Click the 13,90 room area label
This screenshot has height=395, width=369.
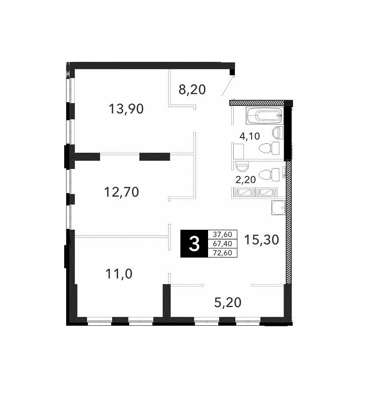(x=126, y=109)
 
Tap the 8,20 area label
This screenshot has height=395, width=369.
(x=192, y=90)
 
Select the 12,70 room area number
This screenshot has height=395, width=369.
(x=122, y=192)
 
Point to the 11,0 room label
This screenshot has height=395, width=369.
(x=119, y=274)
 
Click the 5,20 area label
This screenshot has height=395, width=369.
(x=228, y=302)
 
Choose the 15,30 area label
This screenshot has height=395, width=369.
(x=262, y=239)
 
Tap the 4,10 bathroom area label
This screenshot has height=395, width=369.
(x=250, y=136)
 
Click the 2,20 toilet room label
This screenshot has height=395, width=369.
(x=245, y=180)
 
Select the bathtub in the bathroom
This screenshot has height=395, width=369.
(x=265, y=116)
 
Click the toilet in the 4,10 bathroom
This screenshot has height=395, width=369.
(x=269, y=148)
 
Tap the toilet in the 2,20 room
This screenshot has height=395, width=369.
(x=269, y=175)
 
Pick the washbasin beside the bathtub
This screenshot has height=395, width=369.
(x=278, y=132)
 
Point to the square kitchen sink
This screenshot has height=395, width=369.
(x=278, y=208)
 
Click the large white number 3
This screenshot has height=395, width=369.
(x=194, y=244)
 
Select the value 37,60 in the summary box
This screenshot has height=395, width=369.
(x=222, y=234)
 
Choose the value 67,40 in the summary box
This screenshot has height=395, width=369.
(x=222, y=244)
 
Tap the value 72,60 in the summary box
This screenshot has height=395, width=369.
(x=222, y=252)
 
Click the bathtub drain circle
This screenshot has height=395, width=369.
(x=278, y=116)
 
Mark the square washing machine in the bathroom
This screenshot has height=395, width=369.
(x=239, y=151)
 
